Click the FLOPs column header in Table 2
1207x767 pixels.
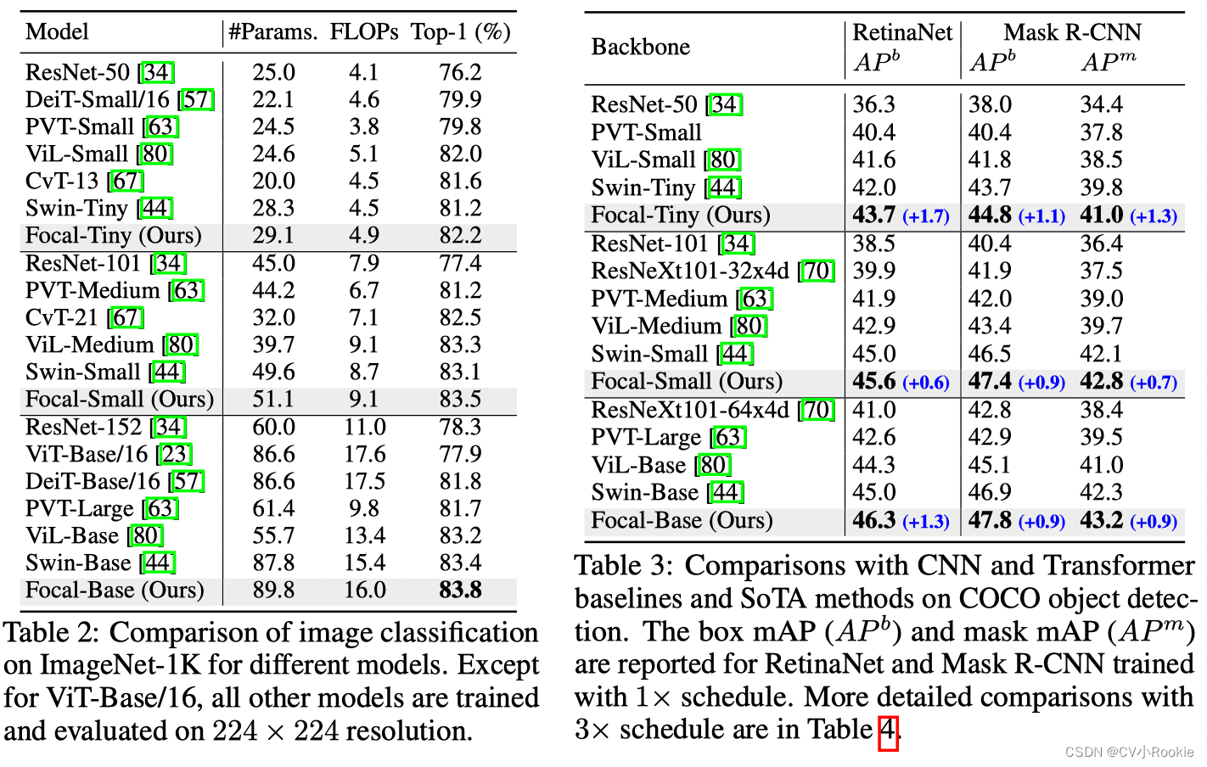coord(364,32)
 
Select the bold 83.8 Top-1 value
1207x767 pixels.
coord(460,590)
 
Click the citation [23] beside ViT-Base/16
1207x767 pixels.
coord(175,454)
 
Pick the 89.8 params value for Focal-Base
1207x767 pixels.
coord(273,590)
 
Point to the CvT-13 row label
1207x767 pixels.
coord(62,181)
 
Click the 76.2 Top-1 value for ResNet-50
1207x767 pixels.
coord(460,72)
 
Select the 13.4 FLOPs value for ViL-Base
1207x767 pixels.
coord(364,535)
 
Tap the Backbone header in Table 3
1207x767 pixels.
coord(640,47)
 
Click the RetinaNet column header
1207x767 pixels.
coord(902,32)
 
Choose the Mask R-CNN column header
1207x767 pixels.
coord(1072,32)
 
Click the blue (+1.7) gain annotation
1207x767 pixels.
coord(925,216)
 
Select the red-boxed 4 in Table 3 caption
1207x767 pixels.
coord(888,730)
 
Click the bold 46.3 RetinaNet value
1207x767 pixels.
coord(874,520)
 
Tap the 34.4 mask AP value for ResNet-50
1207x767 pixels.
coord(1101,104)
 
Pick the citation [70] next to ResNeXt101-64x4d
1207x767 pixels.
coord(817,410)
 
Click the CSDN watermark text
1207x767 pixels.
coord(1128,752)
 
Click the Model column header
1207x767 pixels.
coord(57,32)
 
